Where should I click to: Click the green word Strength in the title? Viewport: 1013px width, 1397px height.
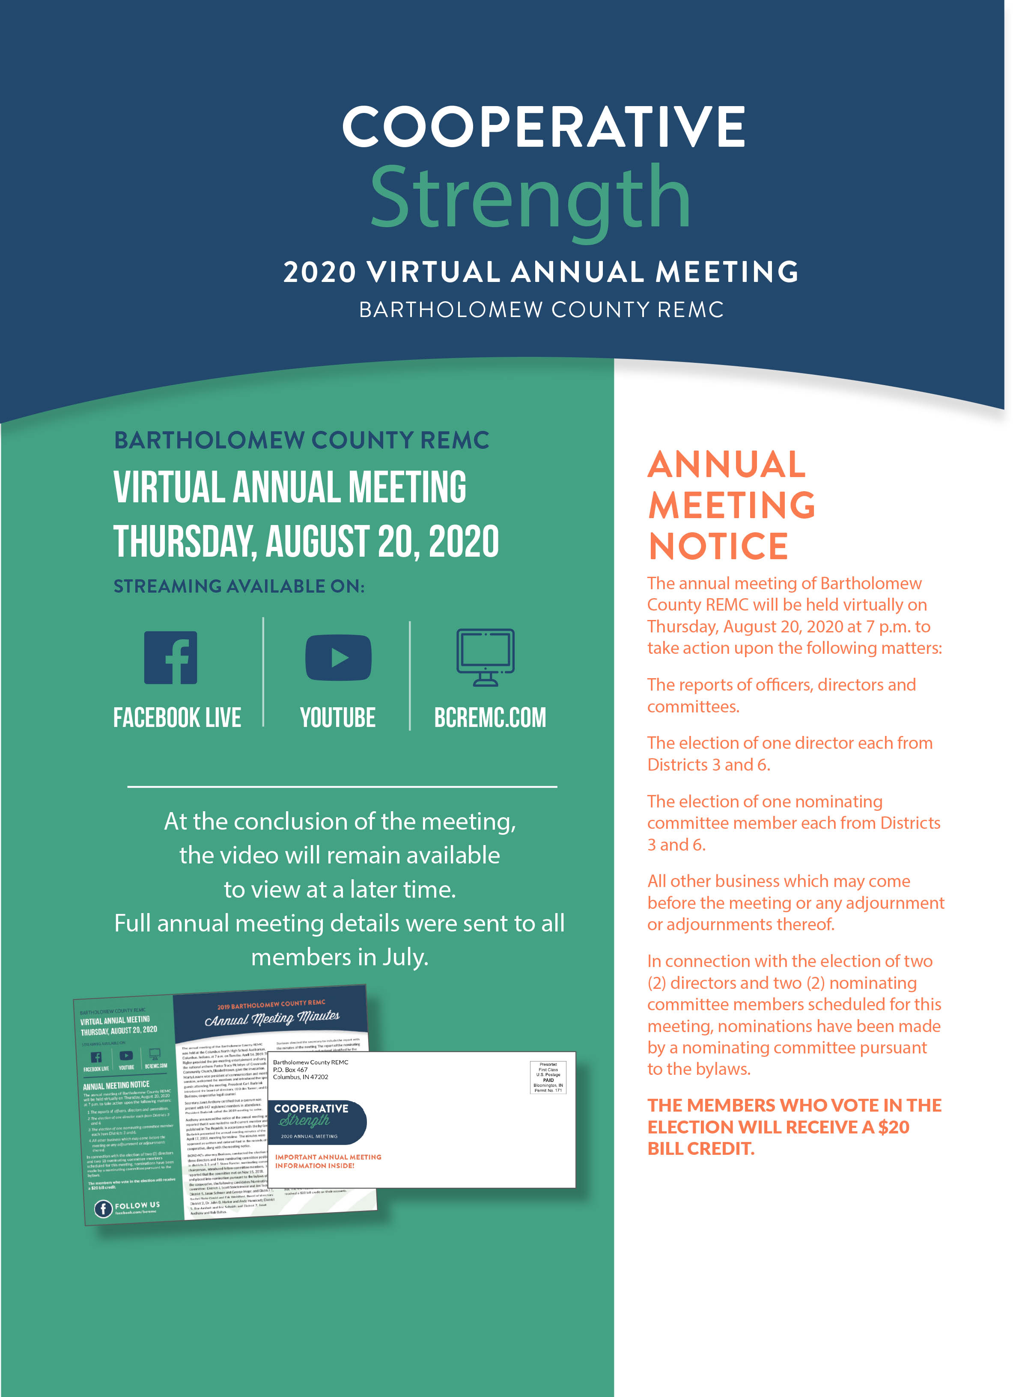tap(530, 197)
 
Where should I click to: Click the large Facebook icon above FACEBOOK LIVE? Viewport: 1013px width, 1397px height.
tap(171, 657)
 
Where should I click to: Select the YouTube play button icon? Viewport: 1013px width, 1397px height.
tap(338, 657)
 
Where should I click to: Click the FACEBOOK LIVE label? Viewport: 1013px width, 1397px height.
tap(177, 718)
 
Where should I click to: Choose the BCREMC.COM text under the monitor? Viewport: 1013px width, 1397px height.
tap(490, 718)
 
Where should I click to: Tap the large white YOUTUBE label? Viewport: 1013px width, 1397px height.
tap(338, 718)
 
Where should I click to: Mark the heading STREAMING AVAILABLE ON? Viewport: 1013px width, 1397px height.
tap(239, 586)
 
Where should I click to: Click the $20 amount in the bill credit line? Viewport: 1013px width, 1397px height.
tap(894, 1127)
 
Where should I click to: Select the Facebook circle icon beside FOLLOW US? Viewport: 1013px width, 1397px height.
tap(103, 1208)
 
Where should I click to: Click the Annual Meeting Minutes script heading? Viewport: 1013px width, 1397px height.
tap(272, 1018)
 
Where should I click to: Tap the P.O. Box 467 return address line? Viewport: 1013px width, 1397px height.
tap(290, 1069)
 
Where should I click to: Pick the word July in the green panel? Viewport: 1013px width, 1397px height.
tap(404, 957)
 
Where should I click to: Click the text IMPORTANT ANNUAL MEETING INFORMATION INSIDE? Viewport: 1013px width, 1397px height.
tap(328, 1161)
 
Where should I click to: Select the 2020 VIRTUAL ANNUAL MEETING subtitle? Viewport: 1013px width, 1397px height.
tap(540, 272)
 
